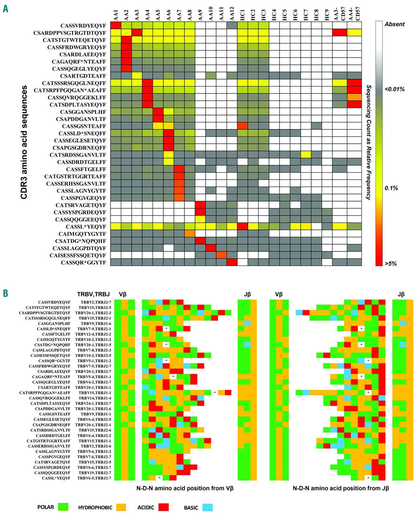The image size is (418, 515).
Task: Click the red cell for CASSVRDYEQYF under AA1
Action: coord(115,25)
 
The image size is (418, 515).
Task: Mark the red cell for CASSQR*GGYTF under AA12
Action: coord(232,262)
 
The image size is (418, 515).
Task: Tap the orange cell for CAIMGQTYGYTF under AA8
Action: coord(190,234)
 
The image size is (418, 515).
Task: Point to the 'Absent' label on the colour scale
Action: coord(394,24)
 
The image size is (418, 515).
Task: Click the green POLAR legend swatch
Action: coord(63,507)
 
